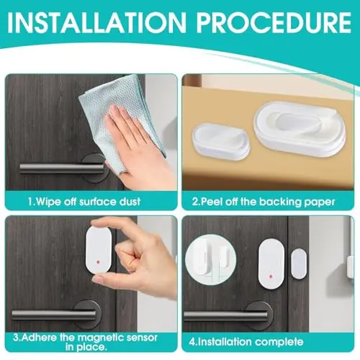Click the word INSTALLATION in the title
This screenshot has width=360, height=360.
[x=96, y=22]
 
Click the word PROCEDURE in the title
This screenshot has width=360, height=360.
[x=274, y=22]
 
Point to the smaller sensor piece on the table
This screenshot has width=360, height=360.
[x=221, y=141]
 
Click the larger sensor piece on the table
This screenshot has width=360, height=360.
[x=300, y=129]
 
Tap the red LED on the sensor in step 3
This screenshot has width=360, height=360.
[x=99, y=261]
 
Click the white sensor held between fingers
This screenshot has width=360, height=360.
[x=99, y=250]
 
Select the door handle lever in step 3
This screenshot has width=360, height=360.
[x=53, y=315]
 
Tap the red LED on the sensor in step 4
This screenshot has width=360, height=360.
[x=271, y=276]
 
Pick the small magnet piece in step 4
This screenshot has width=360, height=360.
[x=299, y=264]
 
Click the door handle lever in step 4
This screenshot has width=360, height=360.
[x=225, y=315]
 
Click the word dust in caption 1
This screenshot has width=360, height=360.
[x=130, y=202]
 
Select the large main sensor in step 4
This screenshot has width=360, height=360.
[x=271, y=264]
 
